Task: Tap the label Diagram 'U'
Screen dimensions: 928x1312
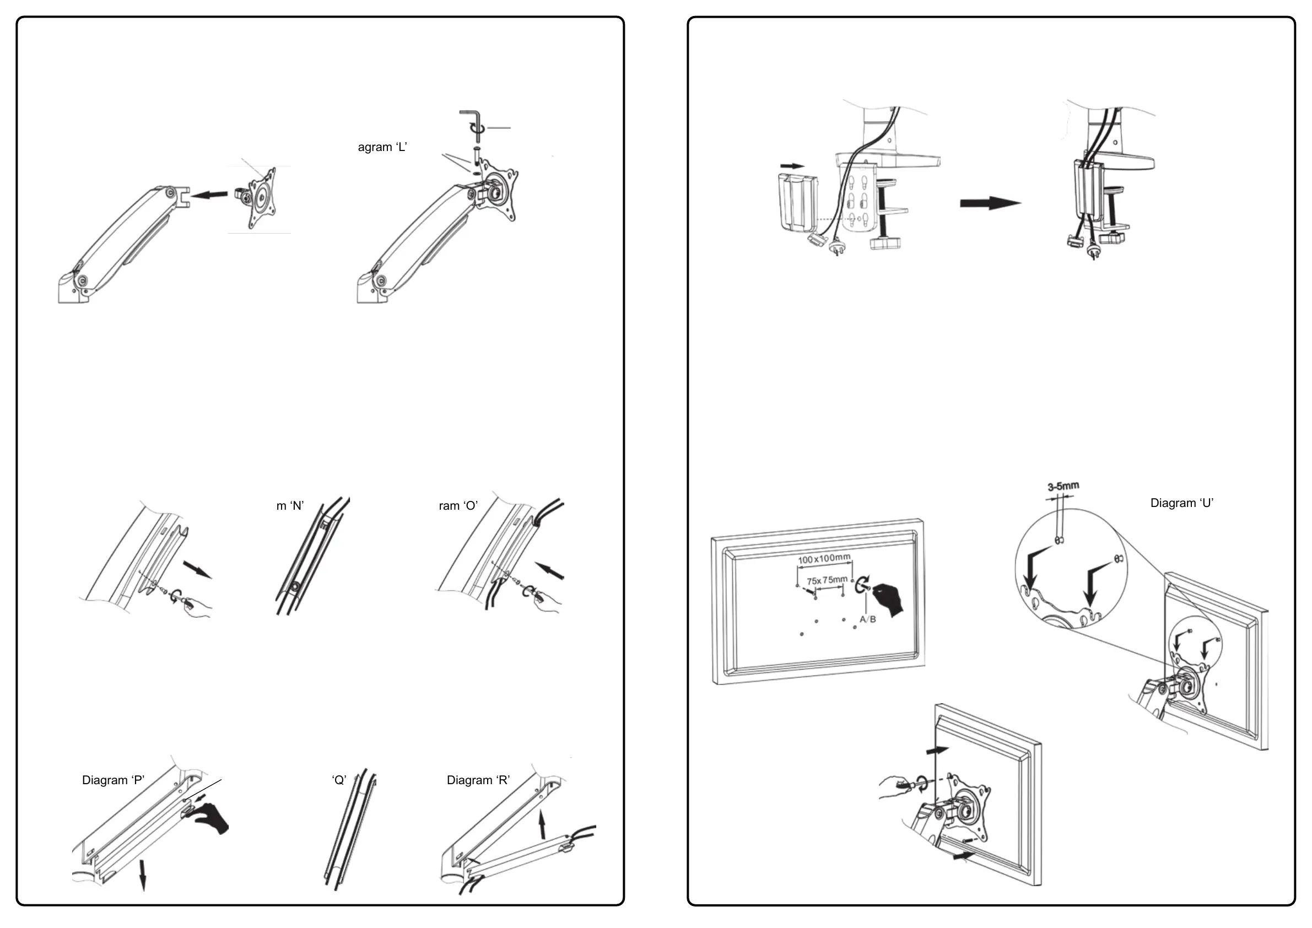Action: (x=1182, y=504)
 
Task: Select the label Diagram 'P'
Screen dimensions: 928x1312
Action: (x=113, y=780)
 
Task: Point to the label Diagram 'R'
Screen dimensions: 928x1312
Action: (x=478, y=780)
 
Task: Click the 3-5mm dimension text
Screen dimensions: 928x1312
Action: (x=1063, y=486)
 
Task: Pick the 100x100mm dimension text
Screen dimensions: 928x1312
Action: (x=824, y=558)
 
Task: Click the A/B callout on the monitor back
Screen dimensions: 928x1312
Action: (x=867, y=619)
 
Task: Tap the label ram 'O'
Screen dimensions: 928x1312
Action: (x=458, y=506)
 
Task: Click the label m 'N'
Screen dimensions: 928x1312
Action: (x=290, y=506)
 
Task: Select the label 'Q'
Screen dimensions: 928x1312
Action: (x=339, y=780)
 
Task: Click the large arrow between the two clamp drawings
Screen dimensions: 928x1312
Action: (x=990, y=203)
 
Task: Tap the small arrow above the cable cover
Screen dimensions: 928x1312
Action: (x=792, y=166)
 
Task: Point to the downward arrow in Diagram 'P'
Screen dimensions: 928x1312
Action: (x=143, y=875)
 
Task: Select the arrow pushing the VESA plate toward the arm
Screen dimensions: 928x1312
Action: (x=209, y=196)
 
